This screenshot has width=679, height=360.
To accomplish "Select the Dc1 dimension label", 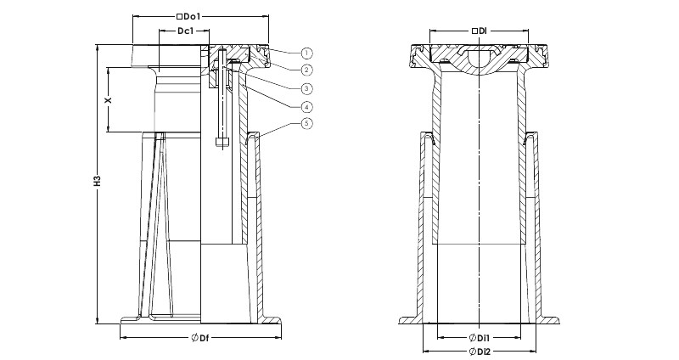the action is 185,31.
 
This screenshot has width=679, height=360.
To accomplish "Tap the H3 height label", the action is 97,181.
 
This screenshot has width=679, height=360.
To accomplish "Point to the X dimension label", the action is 109,99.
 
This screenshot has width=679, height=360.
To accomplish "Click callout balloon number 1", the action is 306,53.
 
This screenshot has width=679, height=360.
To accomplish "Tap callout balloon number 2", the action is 306,70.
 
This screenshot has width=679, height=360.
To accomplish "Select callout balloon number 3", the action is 306,88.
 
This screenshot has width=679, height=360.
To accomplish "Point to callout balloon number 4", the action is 306,106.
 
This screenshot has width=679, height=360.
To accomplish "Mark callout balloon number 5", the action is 306,123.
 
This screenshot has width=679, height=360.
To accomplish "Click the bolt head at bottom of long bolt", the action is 222,141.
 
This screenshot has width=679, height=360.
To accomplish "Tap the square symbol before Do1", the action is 179,17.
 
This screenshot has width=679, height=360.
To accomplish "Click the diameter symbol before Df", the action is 195,338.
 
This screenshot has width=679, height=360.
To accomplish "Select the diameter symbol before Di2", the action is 473,351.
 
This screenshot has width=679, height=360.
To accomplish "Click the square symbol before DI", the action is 474,31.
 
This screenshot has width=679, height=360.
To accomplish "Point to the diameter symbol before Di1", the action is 473,337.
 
